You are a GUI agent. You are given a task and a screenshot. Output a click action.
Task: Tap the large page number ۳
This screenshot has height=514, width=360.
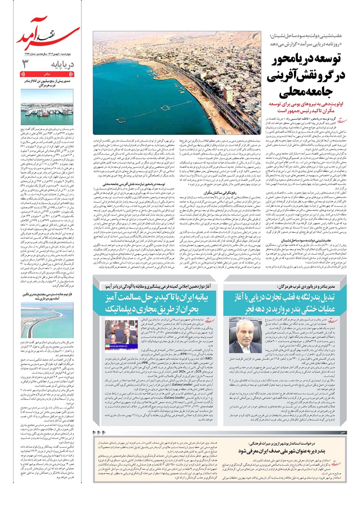tap(25, 64)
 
